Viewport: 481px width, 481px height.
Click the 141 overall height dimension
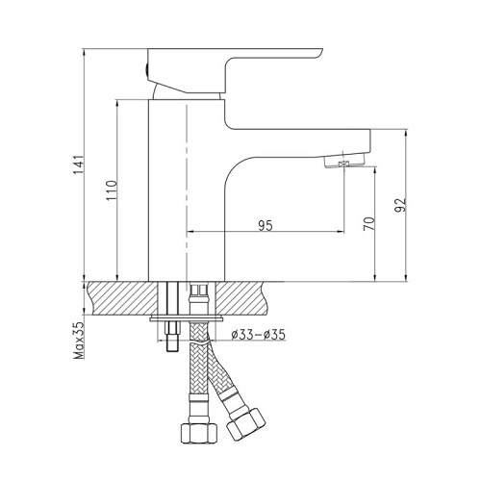click(79, 165)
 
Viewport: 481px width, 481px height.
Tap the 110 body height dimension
click(112, 190)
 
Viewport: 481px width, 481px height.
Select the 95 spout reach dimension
click(266, 225)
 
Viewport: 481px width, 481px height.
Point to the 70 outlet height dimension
click(369, 223)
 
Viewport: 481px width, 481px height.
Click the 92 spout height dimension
click(400, 205)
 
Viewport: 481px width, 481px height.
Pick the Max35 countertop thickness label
click(79, 340)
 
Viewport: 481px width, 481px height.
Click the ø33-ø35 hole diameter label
click(258, 335)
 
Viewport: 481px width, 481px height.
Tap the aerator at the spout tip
click(344, 162)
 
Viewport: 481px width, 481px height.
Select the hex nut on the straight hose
click(199, 433)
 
